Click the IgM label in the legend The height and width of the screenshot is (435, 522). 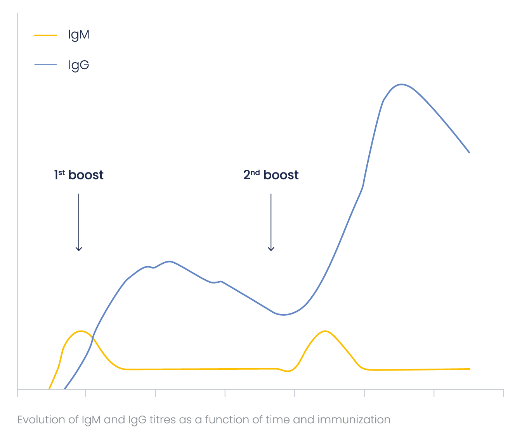tap(78, 35)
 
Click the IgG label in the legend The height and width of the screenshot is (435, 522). tap(78, 65)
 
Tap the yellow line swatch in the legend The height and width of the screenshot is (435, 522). tap(45, 35)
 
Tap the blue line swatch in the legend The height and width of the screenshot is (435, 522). tap(45, 65)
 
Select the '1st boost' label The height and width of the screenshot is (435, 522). tap(79, 175)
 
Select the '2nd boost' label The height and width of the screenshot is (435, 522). tap(271, 175)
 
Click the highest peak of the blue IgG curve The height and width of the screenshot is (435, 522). tap(401, 84)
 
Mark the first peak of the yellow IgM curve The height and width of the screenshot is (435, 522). tap(81, 331)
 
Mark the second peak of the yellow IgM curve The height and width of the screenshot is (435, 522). tap(324, 331)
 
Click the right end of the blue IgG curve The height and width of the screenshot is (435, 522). tap(470, 153)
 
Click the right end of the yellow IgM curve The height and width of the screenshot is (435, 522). tap(470, 369)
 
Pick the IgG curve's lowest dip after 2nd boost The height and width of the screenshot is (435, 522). tap(284, 315)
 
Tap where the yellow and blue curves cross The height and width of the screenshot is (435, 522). tap(92, 340)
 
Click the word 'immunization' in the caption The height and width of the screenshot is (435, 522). tap(354, 420)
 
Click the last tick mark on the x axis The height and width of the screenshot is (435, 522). tap(503, 393)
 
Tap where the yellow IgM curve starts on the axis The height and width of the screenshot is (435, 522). tap(49, 388)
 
